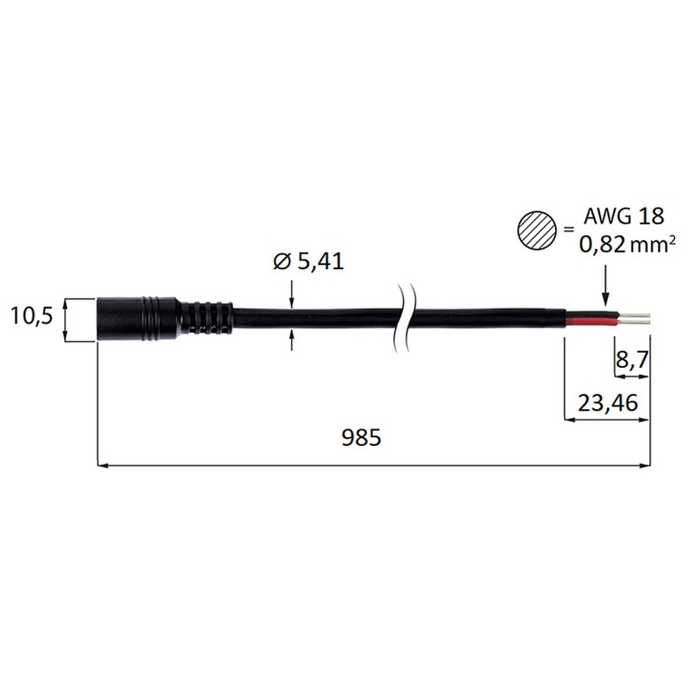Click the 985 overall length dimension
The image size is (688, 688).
[x=361, y=437]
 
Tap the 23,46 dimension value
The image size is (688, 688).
[x=607, y=403]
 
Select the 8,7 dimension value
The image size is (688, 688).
[x=633, y=360]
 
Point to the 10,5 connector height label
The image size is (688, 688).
[x=31, y=316]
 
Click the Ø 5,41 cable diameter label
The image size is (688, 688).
[x=309, y=262]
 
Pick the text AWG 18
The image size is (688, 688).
[x=624, y=216]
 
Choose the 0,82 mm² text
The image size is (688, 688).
[x=627, y=244]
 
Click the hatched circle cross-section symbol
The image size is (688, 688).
[x=537, y=230]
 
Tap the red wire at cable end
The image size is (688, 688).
[x=592, y=324]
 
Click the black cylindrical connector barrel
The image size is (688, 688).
[x=137, y=319]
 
